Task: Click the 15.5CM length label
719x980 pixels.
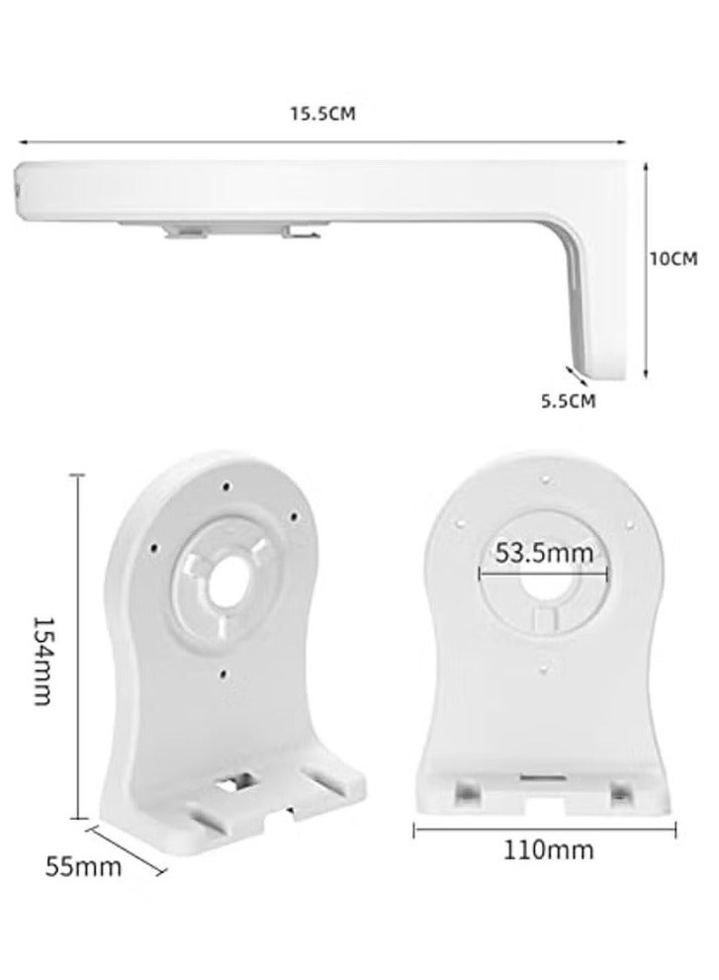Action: coord(321,114)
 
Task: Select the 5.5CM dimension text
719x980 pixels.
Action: coord(568,401)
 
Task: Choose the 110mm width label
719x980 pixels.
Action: coord(546,847)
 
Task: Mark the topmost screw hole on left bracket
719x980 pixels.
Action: coord(227,486)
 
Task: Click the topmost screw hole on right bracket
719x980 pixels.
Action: coord(545,481)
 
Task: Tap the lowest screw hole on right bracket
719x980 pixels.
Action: coord(545,669)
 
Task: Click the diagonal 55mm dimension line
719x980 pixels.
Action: coord(128,847)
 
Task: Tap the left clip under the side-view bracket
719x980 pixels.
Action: coord(186,230)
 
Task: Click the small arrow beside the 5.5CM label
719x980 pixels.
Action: coord(571,372)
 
